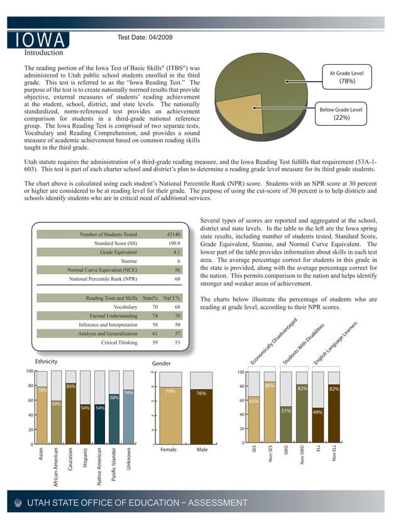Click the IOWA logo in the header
click(38, 40)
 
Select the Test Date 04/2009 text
click(145, 38)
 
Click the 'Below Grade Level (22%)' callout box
click(341, 113)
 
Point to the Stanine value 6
click(179, 261)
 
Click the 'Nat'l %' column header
click(172, 297)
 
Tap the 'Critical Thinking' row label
click(119, 343)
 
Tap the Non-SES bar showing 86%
click(270, 412)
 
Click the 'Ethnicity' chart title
click(47, 362)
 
